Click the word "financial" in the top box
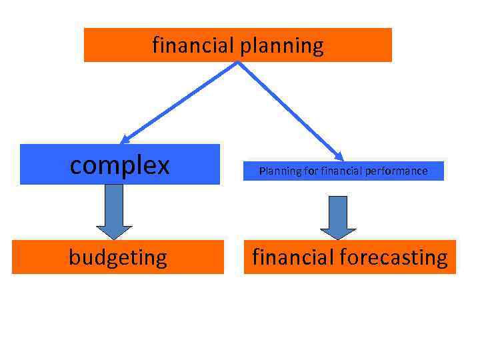click(x=191, y=45)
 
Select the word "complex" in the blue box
click(x=120, y=165)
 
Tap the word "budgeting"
click(x=118, y=257)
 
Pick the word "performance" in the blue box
click(x=399, y=171)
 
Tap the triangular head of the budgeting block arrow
click(x=115, y=232)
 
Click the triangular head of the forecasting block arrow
click(x=338, y=233)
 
